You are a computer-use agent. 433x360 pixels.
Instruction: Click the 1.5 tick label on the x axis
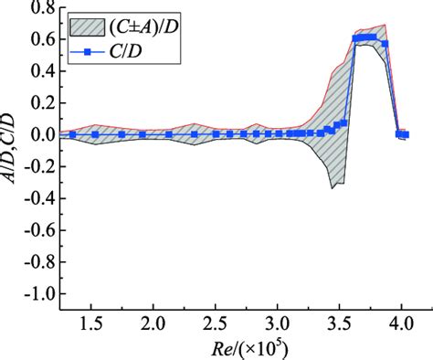click(91, 325)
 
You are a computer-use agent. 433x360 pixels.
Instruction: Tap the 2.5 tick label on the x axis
click(215, 325)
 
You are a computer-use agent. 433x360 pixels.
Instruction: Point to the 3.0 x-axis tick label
click(277, 325)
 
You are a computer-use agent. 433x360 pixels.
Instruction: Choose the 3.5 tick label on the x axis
click(339, 325)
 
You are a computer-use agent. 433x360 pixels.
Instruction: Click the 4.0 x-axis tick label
click(400, 325)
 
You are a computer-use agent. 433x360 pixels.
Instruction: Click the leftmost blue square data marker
click(72, 134)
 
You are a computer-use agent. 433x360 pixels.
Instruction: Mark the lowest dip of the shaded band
click(333, 188)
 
